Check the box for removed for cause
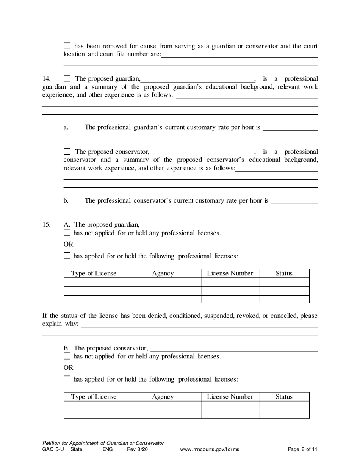(x=67, y=46)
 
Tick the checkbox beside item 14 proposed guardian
(x=67, y=79)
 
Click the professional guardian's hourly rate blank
(x=290, y=128)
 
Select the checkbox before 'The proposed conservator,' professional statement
(x=67, y=152)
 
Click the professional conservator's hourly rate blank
(x=294, y=201)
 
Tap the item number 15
(x=46, y=225)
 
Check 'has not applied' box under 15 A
(x=67, y=233)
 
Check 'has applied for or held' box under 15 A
(x=67, y=256)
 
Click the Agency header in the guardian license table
(x=163, y=274)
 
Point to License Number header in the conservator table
(x=230, y=397)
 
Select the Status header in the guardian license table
(x=284, y=274)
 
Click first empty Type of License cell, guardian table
(x=94, y=282)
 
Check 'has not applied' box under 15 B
(x=67, y=356)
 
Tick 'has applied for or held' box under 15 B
(x=67, y=379)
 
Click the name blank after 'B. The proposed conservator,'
(x=234, y=349)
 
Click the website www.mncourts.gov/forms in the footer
(x=210, y=450)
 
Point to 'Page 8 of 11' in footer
(x=302, y=450)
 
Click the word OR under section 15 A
(x=68, y=244)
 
